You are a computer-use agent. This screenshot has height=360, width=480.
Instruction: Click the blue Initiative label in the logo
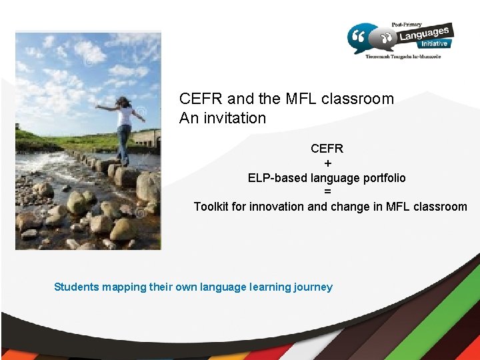[x=435, y=44]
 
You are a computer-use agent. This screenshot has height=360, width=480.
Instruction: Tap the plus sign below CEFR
[x=327, y=163]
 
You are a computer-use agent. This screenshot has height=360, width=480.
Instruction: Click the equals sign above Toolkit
[x=327, y=192]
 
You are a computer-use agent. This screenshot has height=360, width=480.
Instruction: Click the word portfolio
[x=379, y=178]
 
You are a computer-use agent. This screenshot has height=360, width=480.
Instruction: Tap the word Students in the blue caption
[x=76, y=287]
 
